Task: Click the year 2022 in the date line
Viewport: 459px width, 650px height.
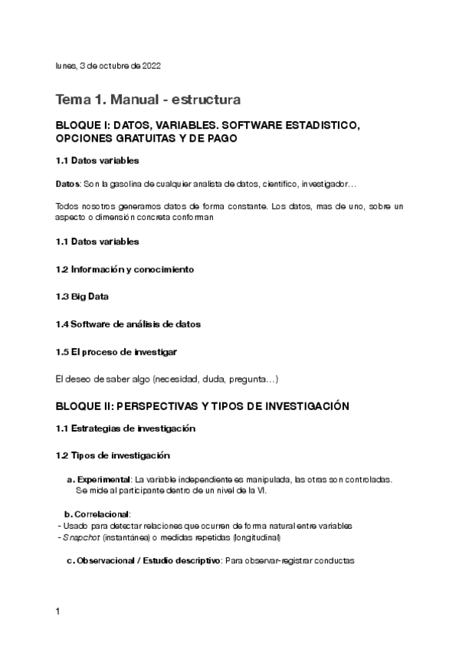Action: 151,67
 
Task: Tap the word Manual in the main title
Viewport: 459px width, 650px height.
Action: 139,100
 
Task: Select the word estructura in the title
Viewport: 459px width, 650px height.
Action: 208,100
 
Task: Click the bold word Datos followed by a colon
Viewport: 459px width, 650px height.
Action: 67,185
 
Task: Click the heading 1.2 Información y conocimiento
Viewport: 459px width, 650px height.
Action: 125,269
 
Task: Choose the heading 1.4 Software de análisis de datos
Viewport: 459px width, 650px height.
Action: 128,324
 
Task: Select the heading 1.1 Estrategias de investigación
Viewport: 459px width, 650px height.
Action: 126,428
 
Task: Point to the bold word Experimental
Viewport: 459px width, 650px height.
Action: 103,479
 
